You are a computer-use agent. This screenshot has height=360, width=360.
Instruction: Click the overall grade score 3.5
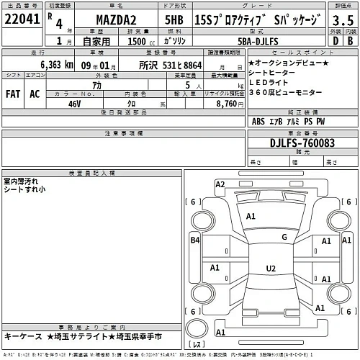tap(341, 21)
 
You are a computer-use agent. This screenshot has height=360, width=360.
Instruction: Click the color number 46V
tap(73, 104)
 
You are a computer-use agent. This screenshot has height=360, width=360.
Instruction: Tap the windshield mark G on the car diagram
tap(284, 237)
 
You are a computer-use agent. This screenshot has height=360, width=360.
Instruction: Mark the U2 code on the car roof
tap(271, 269)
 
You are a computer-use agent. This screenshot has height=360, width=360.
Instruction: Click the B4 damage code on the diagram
tap(194, 241)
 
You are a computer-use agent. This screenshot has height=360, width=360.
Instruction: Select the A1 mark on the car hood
tap(251, 216)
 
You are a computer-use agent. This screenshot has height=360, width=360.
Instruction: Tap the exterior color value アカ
tap(73, 84)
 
